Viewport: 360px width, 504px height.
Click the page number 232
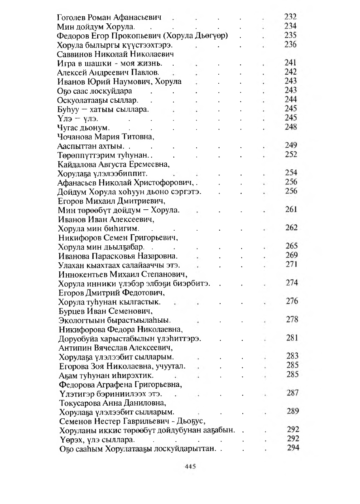(291, 17)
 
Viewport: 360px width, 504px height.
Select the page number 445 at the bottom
(190, 466)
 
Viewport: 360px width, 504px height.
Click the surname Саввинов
(73, 54)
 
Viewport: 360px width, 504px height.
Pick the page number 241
(291, 63)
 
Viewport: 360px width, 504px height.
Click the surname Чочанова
(75, 137)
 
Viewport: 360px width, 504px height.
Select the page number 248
(291, 127)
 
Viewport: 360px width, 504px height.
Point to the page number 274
(291, 283)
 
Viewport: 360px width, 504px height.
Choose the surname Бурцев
(70, 310)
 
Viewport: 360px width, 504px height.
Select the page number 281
(291, 338)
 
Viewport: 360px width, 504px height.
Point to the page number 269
(291, 255)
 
